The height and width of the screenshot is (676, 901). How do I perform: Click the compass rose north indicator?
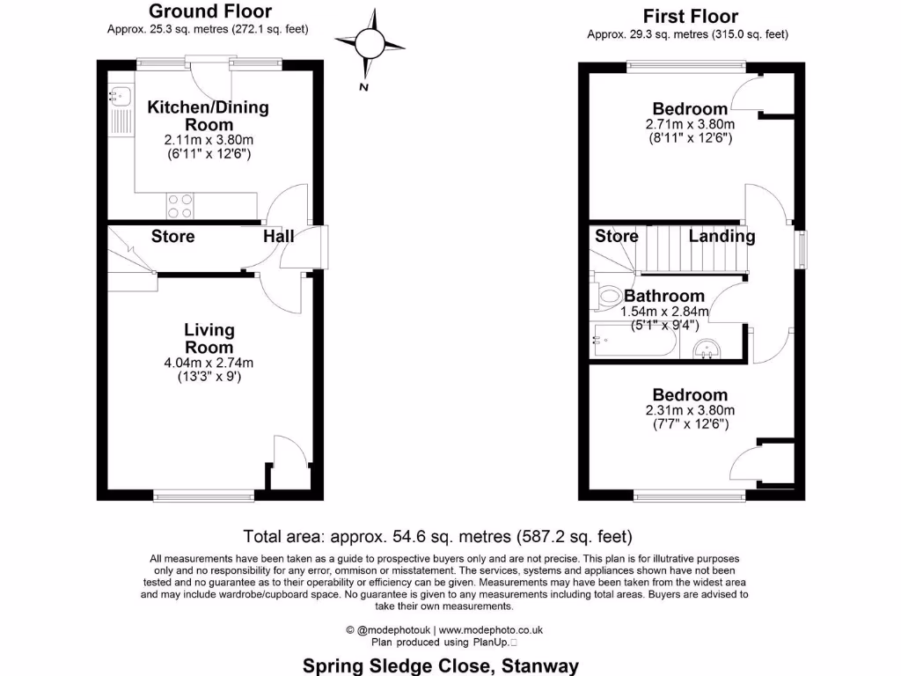(x=368, y=42)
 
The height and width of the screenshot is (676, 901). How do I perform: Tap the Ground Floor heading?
(x=209, y=11)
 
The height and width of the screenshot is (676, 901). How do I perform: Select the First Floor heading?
(x=690, y=16)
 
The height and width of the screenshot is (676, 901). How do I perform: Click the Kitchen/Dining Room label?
(x=208, y=116)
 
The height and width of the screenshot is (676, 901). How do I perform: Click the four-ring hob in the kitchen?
(x=180, y=206)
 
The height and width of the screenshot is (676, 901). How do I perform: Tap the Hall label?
(x=278, y=236)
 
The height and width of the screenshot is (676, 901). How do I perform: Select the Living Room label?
(x=209, y=339)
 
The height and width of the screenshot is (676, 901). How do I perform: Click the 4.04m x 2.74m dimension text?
(x=209, y=363)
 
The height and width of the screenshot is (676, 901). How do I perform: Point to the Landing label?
(x=722, y=236)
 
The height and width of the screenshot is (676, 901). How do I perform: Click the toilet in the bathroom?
(x=606, y=297)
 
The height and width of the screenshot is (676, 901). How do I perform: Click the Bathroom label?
(x=664, y=297)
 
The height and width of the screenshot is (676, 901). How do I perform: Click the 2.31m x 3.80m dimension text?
(x=690, y=410)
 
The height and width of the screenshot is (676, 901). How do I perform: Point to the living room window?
(x=204, y=496)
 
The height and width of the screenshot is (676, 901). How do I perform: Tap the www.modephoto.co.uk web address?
(x=491, y=629)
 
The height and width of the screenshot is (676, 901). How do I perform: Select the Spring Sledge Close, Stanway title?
(x=441, y=665)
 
